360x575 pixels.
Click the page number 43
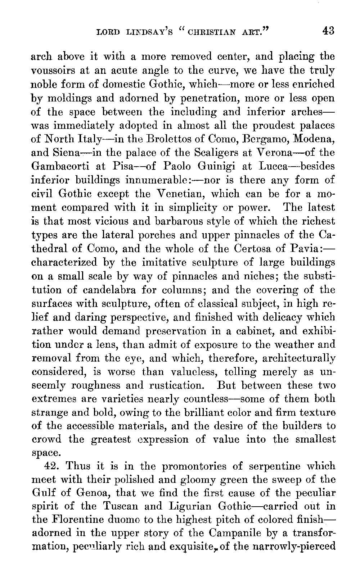328,31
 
